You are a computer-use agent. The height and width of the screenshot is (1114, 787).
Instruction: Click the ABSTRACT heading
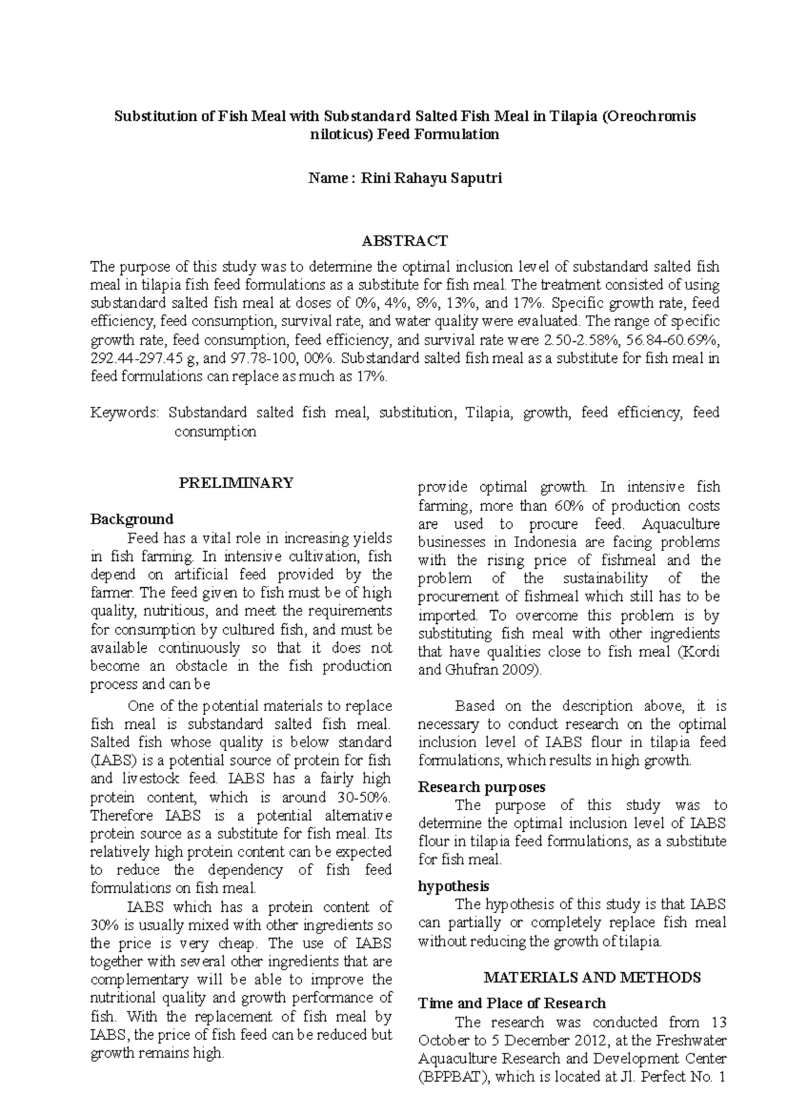[x=405, y=241]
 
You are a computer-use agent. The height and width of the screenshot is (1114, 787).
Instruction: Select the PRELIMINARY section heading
[x=236, y=483]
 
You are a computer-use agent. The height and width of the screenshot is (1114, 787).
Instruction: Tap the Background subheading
[x=131, y=519]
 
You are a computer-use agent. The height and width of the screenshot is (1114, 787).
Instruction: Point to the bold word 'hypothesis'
[x=453, y=886]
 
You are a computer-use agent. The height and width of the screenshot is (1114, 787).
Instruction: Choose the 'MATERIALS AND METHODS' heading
[x=592, y=978]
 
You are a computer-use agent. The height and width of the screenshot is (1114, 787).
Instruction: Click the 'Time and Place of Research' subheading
[x=512, y=1003]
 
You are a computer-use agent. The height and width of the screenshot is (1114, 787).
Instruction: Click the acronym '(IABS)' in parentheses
[x=112, y=761]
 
